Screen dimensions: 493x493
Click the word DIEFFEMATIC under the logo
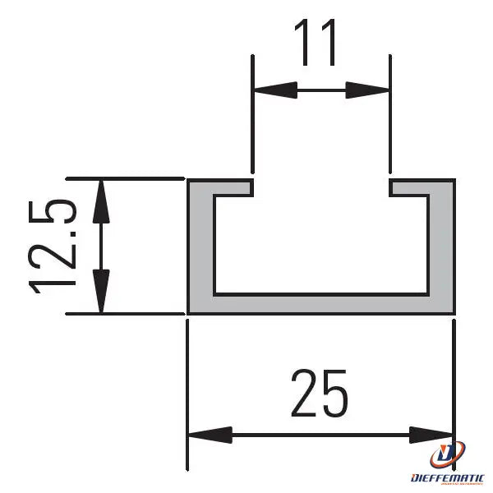tap(447, 477)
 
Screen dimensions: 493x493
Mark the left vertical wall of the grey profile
tap(200, 246)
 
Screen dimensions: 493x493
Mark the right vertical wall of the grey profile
tap(443, 246)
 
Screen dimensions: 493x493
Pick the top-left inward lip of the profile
tap(233, 187)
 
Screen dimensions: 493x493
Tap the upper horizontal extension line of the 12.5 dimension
tap(123, 177)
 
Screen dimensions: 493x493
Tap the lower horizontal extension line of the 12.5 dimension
tap(123, 313)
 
